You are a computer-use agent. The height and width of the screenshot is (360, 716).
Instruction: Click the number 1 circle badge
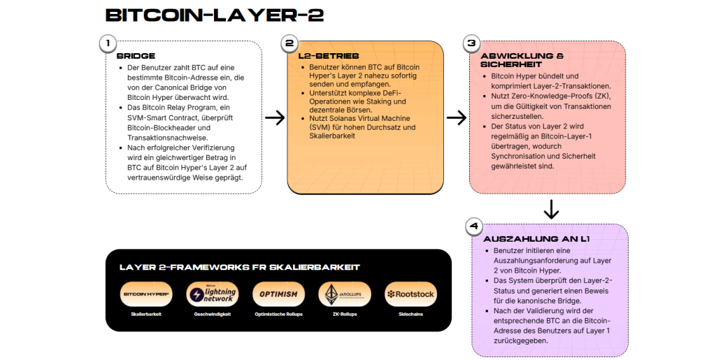click(107, 43)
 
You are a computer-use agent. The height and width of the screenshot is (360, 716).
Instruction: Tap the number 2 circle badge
click(289, 43)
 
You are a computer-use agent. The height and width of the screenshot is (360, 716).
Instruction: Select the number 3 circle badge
click(471, 43)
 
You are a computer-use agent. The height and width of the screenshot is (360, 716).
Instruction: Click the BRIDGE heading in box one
click(136, 56)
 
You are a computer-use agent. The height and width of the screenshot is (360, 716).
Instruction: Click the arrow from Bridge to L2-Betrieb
click(275, 117)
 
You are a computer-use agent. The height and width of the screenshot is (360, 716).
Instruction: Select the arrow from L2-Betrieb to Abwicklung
click(456, 117)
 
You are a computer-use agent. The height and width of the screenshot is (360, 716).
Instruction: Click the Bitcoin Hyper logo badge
click(146, 294)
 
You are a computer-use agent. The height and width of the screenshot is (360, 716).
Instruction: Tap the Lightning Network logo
click(213, 294)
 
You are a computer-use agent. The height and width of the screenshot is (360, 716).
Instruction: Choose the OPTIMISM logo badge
click(278, 294)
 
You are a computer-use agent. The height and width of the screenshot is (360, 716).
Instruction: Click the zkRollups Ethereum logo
click(344, 294)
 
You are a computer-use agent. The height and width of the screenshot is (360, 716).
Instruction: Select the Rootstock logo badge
click(410, 294)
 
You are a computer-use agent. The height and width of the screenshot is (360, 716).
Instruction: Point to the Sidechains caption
click(410, 314)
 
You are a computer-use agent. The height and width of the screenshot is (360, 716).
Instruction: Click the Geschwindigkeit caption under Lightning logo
click(213, 314)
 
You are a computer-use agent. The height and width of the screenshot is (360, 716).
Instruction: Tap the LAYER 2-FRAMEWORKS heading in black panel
click(240, 267)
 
